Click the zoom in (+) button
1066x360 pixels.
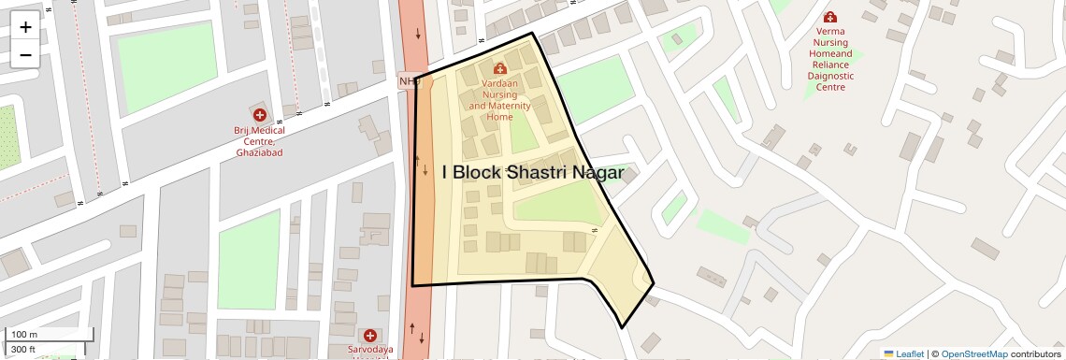(x=25, y=27)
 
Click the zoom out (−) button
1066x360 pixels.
(x=25, y=54)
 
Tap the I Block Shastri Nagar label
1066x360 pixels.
(x=533, y=172)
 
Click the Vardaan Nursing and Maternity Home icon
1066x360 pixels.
(x=499, y=68)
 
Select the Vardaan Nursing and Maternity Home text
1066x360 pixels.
(x=499, y=100)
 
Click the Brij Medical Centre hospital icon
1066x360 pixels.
(x=259, y=114)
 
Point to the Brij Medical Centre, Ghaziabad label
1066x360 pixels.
(x=259, y=141)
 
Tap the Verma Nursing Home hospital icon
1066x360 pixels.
(x=829, y=17)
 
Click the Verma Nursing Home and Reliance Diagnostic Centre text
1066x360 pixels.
(x=830, y=59)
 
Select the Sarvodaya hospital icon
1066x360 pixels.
(x=370, y=335)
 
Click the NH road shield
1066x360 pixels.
(x=407, y=81)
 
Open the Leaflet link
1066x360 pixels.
(x=903, y=353)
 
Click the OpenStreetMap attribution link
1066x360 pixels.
(x=974, y=353)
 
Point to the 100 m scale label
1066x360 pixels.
(x=24, y=335)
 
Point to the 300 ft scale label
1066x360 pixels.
(x=23, y=350)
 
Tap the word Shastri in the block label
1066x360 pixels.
(x=532, y=172)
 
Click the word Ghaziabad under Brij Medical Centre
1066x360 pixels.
(x=259, y=151)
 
